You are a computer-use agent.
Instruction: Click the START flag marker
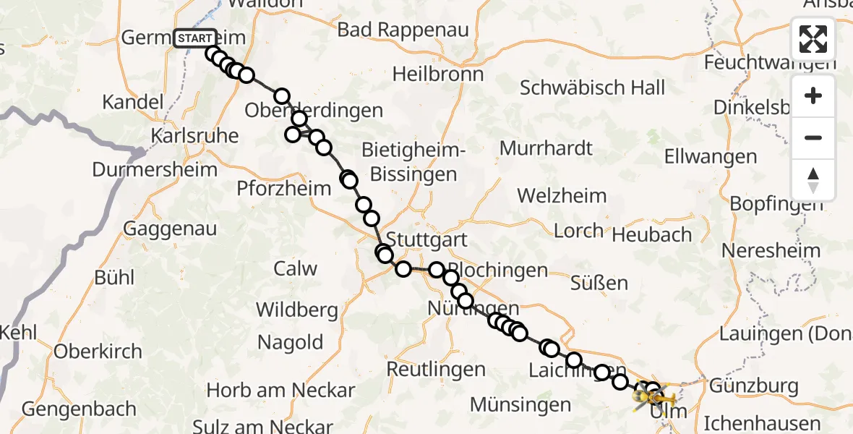click(x=195, y=38)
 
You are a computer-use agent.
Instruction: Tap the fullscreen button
click(x=813, y=39)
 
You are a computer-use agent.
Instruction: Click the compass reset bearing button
click(x=813, y=180)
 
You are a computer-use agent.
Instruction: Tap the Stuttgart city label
click(x=426, y=239)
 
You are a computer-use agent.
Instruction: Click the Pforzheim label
click(x=284, y=188)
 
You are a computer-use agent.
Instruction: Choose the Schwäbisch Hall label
click(x=592, y=88)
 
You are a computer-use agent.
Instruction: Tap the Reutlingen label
click(x=436, y=369)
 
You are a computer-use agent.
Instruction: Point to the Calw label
click(x=295, y=268)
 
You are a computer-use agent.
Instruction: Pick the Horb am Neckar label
click(x=280, y=391)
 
